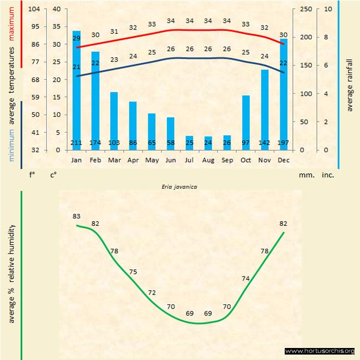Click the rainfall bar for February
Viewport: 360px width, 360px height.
pos(95,98)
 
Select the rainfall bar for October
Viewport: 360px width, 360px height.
pos(246,120)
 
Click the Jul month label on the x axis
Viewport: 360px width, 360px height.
pos(189,160)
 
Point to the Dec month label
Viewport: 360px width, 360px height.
pos(284,160)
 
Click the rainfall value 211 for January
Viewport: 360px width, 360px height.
pos(77,143)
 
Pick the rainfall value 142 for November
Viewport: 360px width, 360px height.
pos(265,143)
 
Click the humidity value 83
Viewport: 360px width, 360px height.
pos(76,217)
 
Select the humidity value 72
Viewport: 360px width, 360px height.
pos(152,293)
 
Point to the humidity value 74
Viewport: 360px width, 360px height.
pos(245,278)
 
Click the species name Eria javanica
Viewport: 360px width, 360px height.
pos(180,187)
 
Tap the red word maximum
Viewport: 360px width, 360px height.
pos(11,25)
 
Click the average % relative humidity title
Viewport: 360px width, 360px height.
pos(11,273)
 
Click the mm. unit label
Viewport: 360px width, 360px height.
pos(305,176)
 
